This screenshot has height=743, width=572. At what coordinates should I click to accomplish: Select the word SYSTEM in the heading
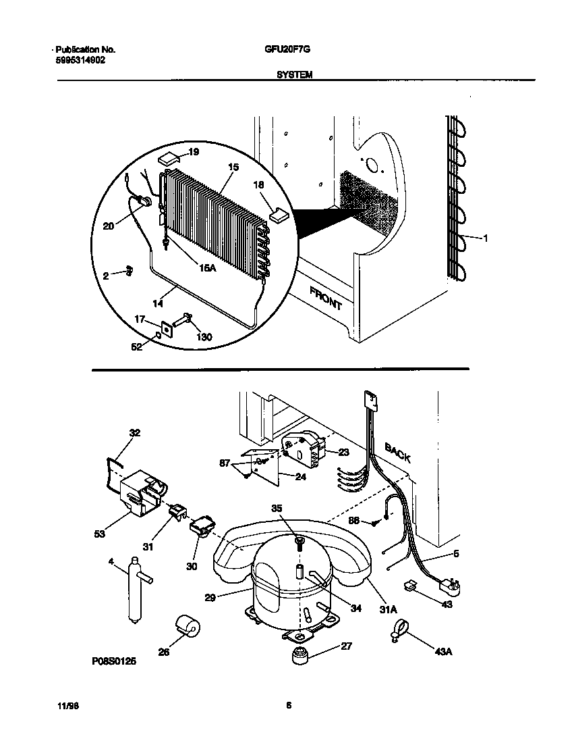click(294, 76)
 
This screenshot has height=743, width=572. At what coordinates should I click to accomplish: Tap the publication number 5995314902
click(80, 59)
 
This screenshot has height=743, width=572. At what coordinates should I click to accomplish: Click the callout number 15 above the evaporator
click(233, 166)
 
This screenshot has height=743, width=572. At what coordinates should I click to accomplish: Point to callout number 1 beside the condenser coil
click(486, 237)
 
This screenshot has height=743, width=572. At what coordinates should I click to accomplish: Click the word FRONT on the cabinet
click(326, 297)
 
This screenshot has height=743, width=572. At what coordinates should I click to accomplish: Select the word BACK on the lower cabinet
click(397, 452)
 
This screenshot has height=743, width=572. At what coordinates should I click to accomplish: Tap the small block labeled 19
click(169, 159)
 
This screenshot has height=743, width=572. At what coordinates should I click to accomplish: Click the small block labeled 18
click(279, 214)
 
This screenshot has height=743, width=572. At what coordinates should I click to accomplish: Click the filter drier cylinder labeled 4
click(136, 588)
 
